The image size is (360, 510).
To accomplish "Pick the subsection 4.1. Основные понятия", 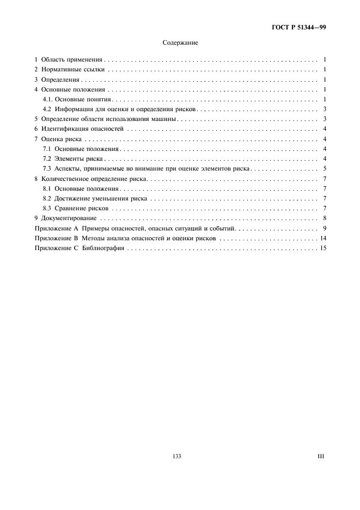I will (x=77, y=100).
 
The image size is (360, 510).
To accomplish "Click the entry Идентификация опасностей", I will (x=83, y=129).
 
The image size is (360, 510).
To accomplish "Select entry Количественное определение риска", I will (x=94, y=179).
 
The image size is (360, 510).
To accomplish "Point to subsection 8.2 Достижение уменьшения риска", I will (x=95, y=199).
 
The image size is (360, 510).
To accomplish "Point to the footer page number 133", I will (x=176, y=457).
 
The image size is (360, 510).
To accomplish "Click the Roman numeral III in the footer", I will (x=321, y=457).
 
